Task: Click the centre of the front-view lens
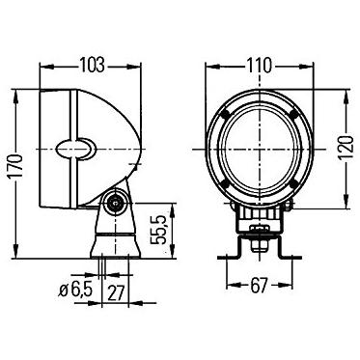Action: pos(257,151)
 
